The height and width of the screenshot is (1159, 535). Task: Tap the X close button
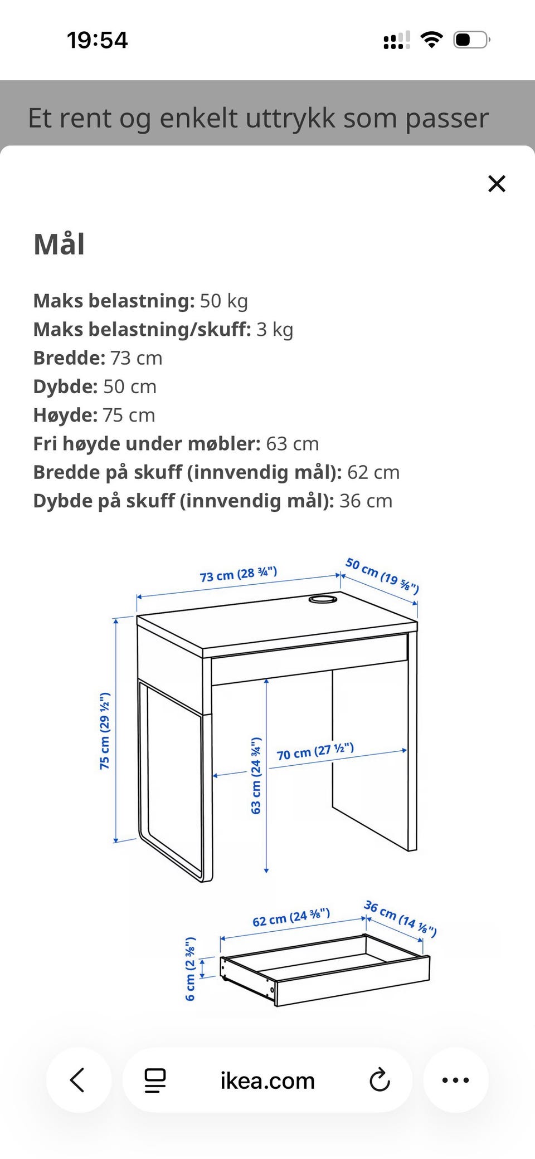(x=497, y=184)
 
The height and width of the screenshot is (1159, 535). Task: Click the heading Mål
(x=59, y=244)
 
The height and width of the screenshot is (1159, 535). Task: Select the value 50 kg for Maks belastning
(x=223, y=301)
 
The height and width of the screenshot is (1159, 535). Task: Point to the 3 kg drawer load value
(x=274, y=330)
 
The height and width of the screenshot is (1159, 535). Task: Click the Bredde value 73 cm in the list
(x=136, y=358)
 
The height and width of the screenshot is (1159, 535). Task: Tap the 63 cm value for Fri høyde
(x=292, y=444)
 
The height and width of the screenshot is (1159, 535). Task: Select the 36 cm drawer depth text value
(x=366, y=501)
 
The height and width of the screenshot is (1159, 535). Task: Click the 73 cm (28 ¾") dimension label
(x=238, y=574)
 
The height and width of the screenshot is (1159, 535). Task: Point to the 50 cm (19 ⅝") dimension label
(x=382, y=576)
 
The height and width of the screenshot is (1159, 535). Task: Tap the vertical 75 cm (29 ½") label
(x=105, y=731)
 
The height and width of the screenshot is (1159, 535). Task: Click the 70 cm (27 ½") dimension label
(x=315, y=751)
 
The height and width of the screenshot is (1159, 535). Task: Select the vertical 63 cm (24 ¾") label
(x=256, y=776)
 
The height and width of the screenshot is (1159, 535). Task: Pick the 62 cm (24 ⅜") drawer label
(x=291, y=917)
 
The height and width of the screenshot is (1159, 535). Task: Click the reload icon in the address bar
(x=380, y=1080)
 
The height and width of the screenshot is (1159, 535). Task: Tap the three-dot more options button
(x=455, y=1080)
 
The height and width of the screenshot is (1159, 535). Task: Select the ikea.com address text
(x=267, y=1081)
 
